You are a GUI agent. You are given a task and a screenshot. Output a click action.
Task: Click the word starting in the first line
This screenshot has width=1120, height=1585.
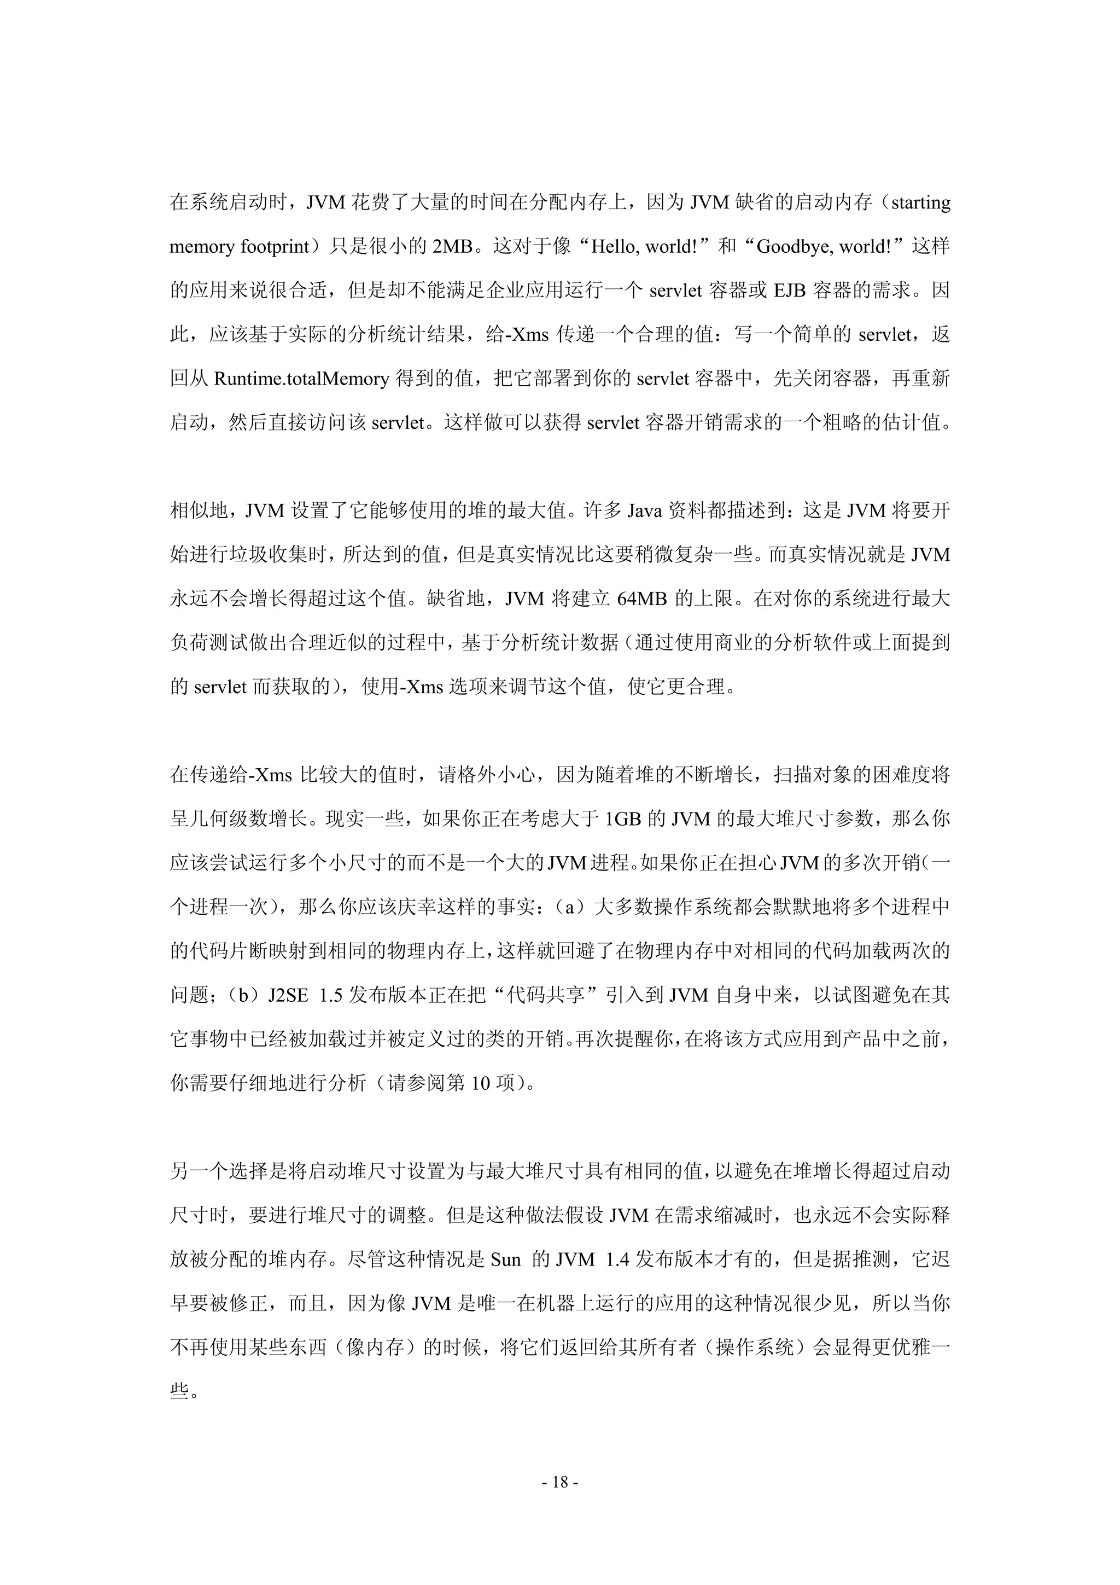[x=920, y=203]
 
